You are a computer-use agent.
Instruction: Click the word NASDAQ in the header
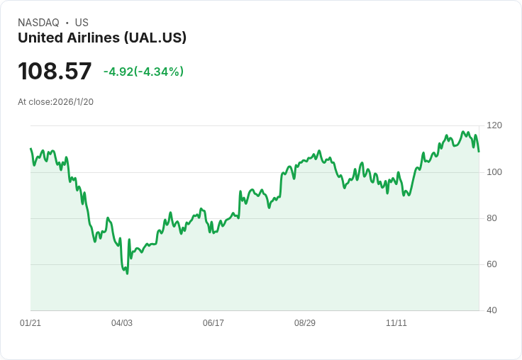pyautogui.click(x=38, y=23)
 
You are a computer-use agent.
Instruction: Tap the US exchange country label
pyautogui.click(x=82, y=23)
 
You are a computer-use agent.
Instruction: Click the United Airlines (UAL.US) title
pyautogui.click(x=102, y=38)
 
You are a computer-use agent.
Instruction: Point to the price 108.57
pyautogui.click(x=55, y=71)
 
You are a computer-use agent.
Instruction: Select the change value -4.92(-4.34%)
pyautogui.click(x=143, y=72)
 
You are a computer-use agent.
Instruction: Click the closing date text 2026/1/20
pyautogui.click(x=73, y=102)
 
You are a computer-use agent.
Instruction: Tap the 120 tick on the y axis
pyautogui.click(x=494, y=125)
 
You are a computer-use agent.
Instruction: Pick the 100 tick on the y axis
pyautogui.click(x=494, y=172)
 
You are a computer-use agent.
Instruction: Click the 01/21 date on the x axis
pyautogui.click(x=30, y=323)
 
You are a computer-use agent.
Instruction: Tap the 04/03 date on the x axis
pyautogui.click(x=122, y=323)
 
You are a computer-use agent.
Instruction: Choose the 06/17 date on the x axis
pyautogui.click(x=213, y=323)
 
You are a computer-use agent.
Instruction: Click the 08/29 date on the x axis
pyautogui.click(x=305, y=323)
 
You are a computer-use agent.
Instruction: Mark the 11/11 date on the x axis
pyautogui.click(x=396, y=323)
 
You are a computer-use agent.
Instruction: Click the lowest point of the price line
pyautogui.click(x=127, y=274)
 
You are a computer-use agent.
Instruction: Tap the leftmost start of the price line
pyautogui.click(x=30, y=149)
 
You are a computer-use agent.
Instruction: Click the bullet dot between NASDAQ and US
pyautogui.click(x=67, y=23)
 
